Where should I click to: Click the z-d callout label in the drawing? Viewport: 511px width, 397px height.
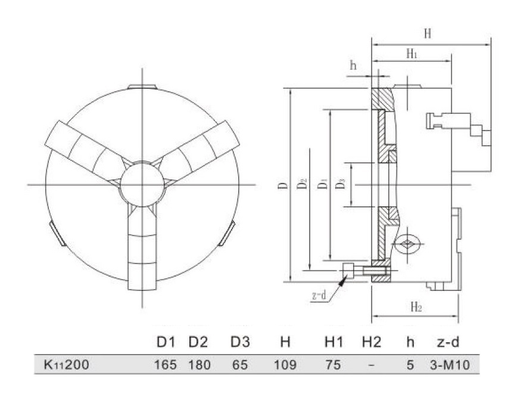[x=320, y=296]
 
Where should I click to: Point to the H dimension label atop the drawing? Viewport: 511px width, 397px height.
[x=427, y=34]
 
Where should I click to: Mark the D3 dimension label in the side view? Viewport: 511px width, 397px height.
[x=341, y=185]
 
